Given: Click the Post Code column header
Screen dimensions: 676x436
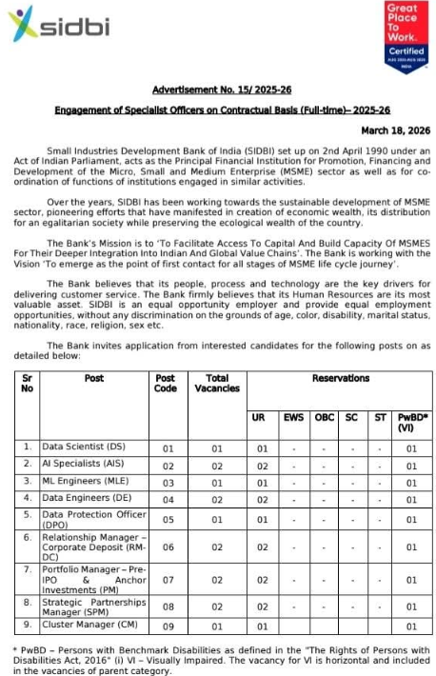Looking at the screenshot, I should click(x=165, y=383).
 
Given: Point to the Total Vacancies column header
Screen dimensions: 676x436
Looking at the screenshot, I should click(x=217, y=383).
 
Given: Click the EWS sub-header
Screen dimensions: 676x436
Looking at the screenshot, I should click(x=294, y=418).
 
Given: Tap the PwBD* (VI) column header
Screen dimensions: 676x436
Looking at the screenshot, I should click(x=411, y=423).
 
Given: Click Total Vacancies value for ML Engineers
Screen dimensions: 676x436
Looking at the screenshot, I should click(x=217, y=482).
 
